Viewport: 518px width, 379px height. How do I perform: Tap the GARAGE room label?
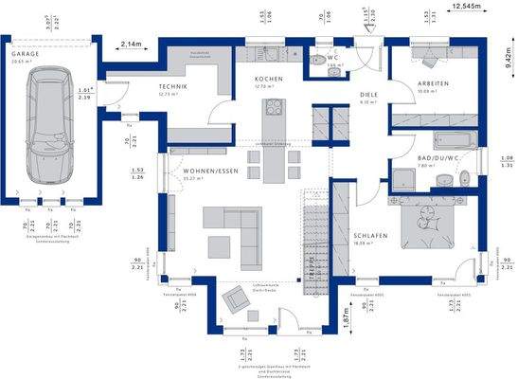(x=26, y=56)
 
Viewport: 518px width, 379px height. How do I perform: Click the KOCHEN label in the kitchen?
(x=266, y=79)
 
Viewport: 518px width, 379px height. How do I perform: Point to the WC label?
(x=333, y=58)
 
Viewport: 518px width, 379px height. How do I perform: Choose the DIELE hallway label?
(x=369, y=95)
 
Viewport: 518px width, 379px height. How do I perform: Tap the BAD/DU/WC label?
(x=438, y=159)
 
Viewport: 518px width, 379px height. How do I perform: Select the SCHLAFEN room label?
(x=368, y=235)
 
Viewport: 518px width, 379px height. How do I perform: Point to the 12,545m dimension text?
(x=467, y=7)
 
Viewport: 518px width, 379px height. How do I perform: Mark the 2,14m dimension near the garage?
(x=133, y=44)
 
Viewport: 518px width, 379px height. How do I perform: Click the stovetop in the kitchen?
(x=276, y=106)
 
